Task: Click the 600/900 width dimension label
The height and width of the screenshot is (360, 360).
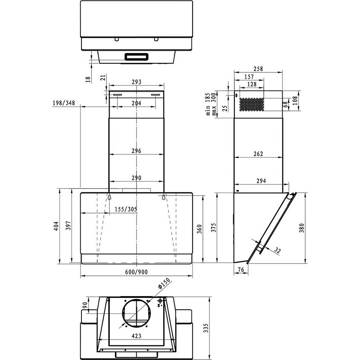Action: pyautogui.click(x=136, y=272)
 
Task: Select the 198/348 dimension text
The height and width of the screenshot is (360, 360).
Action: pyautogui.click(x=63, y=103)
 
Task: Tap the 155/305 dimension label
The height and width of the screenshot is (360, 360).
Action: pyautogui.click(x=126, y=209)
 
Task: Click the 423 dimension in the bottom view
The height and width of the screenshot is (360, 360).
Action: pyautogui.click(x=137, y=336)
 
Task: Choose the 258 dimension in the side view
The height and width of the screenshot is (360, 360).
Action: pyautogui.click(x=258, y=69)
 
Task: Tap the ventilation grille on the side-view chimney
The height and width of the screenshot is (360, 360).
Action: pyautogui.click(x=251, y=104)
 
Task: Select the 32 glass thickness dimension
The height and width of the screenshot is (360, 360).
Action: pyautogui.click(x=278, y=251)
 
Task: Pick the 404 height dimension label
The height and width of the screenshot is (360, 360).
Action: pyautogui.click(x=56, y=226)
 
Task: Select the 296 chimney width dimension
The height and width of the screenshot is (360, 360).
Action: pyautogui.click(x=136, y=151)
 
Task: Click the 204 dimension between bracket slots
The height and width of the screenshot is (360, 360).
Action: pyautogui.click(x=136, y=103)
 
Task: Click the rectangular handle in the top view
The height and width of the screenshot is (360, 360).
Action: pyautogui.click(x=136, y=57)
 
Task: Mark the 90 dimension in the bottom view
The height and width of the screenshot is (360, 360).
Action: pyautogui.click(x=85, y=305)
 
